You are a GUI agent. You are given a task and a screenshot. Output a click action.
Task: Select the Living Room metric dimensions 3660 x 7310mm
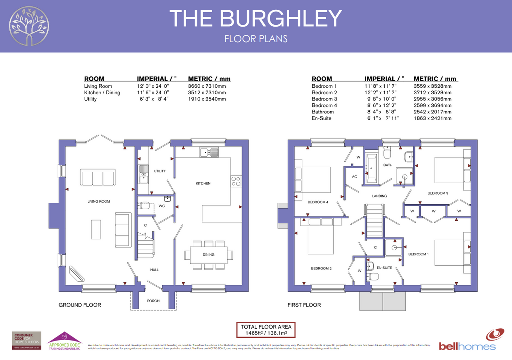207,86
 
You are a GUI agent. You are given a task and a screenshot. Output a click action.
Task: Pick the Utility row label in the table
90,99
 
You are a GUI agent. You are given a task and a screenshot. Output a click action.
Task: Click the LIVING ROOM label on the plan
99,201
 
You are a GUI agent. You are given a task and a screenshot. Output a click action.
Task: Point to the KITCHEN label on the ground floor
203,183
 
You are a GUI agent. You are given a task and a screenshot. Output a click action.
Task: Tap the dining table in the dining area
208,255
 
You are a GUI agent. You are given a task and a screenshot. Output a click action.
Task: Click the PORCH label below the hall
153,301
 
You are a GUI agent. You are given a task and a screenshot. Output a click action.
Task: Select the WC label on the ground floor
161,206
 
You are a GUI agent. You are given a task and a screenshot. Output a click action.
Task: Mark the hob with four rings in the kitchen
236,181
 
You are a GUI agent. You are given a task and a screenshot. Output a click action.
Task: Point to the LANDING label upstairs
380,196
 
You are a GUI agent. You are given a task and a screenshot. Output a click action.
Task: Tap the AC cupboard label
354,177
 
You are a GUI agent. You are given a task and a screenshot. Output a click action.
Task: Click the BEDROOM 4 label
318,202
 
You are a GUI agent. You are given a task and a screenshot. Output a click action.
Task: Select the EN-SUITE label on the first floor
384,268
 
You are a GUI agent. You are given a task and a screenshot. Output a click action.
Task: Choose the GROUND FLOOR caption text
80,305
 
